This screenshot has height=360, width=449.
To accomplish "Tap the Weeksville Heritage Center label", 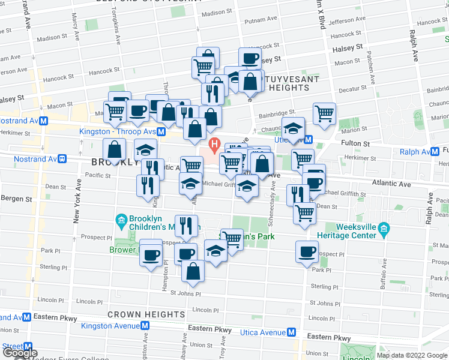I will coord(355,232).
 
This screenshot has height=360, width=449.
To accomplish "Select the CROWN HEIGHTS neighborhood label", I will coord(146,314).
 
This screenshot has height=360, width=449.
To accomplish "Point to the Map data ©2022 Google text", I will coord(412,355).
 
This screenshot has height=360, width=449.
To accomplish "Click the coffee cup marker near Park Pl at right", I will coord(307,252).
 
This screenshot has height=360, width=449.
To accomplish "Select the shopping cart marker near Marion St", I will coord(324,113).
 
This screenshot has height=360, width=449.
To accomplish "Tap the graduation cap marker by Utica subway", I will coord(293,128).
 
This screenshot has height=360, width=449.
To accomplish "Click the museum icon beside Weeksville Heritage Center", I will coord(385,228).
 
